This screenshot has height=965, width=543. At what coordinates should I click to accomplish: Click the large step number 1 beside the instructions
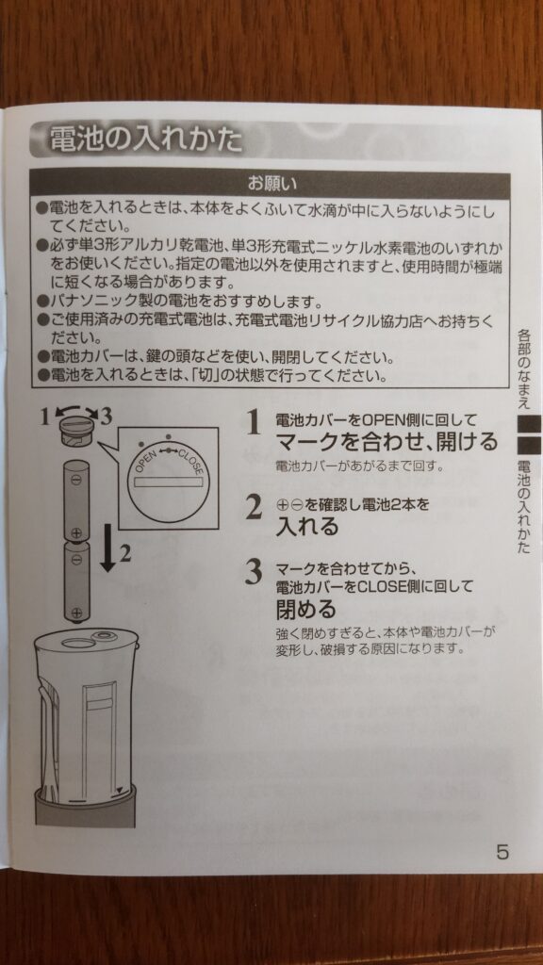point(253,424)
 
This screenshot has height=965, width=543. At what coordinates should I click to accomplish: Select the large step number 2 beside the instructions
point(253,508)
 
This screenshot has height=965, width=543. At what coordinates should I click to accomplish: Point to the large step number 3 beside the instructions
point(253,572)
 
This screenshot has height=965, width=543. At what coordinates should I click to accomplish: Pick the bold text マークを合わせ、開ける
point(385,441)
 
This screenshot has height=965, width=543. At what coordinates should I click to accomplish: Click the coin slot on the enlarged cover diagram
point(170,482)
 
